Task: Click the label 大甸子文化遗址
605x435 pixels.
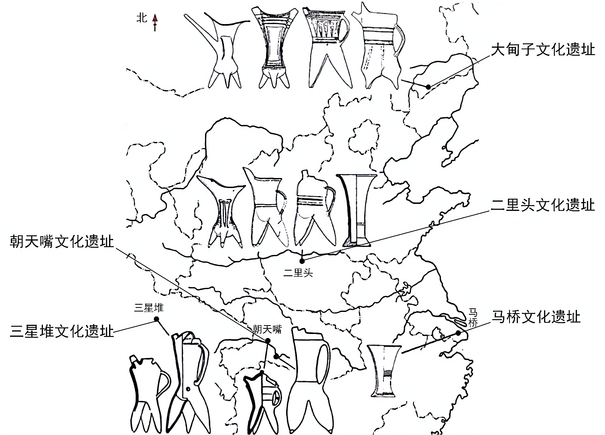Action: pyautogui.click(x=543, y=50)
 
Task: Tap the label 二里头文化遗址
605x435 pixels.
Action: pyautogui.click(x=542, y=205)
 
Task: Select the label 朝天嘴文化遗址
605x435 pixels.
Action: pyautogui.click(x=62, y=242)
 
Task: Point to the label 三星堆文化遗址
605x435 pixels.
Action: pyautogui.click(x=62, y=332)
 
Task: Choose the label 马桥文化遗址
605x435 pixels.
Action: pyautogui.click(x=536, y=317)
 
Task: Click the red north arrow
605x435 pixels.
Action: pyautogui.click(x=155, y=22)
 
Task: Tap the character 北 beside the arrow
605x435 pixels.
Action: pyautogui.click(x=142, y=18)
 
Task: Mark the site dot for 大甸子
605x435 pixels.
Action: pyautogui.click(x=428, y=87)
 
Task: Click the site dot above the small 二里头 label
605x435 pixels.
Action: pyautogui.click(x=302, y=261)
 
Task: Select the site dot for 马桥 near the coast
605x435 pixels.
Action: pyautogui.click(x=458, y=333)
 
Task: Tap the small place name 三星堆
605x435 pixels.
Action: pyautogui.click(x=149, y=308)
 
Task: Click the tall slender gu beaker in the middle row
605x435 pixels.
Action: pyautogui.click(x=357, y=210)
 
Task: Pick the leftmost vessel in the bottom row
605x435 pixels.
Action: pyautogui.click(x=146, y=391)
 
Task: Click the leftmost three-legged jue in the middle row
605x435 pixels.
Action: pyautogui.click(x=223, y=210)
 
